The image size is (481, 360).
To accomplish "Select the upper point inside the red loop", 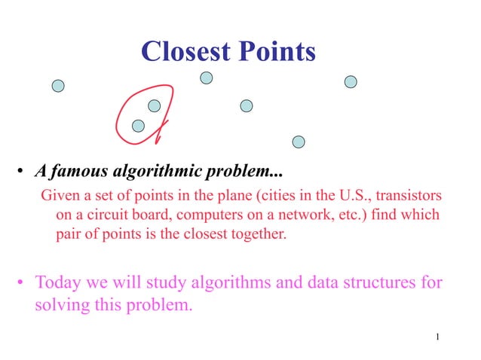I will (x=154, y=105).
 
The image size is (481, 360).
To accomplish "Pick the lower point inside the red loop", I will (x=138, y=126).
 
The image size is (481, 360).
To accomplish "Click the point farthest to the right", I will (x=351, y=81).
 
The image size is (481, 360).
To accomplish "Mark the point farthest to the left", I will (x=58, y=86).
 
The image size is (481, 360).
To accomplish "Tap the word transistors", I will (x=410, y=196).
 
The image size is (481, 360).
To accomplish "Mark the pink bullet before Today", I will (x=22, y=285).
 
